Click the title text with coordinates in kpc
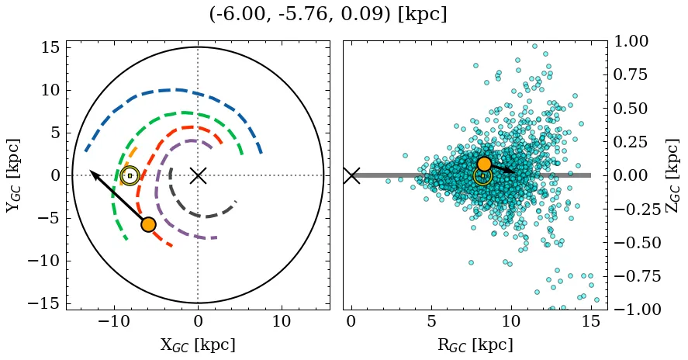coord(328,14)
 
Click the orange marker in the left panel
coord(148,224)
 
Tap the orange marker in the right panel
coord(484,164)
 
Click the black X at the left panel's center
coord(198,175)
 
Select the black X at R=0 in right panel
coord(351,175)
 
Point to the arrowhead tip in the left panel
coord(90,171)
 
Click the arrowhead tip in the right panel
coord(515,171)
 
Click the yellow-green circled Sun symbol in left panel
coord(130,175)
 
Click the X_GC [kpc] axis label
coord(198,345)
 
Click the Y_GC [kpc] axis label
coord(13,175)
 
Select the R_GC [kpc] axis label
coord(475,345)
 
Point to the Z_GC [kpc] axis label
coord(673,175)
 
